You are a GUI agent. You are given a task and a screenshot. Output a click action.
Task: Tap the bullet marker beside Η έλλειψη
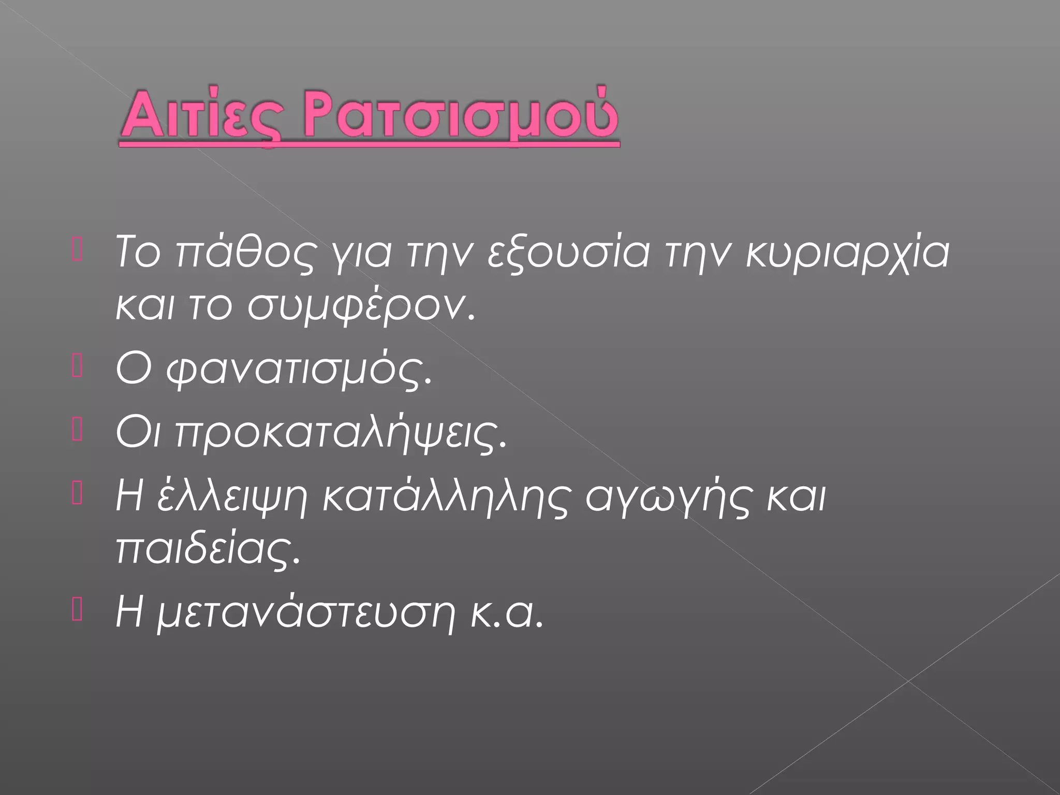click(77, 495)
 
